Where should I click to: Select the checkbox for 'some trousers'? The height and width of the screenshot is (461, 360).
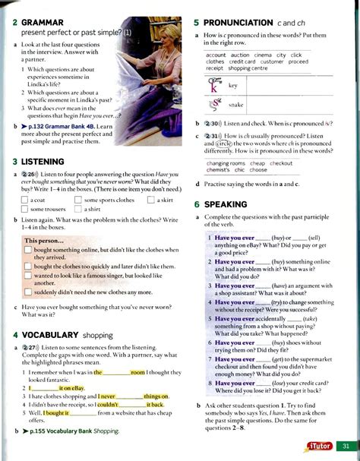tap(27, 208)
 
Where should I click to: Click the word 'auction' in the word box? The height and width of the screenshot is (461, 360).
tap(240, 55)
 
